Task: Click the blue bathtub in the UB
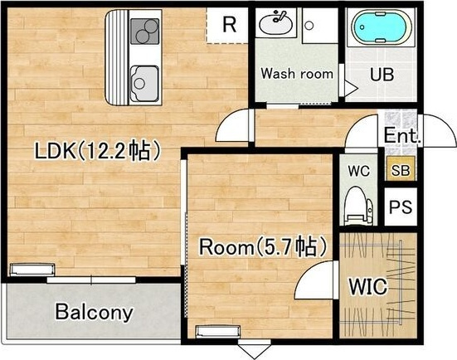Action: click(x=382, y=27)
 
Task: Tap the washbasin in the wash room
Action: click(x=275, y=23)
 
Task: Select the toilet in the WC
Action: click(x=358, y=206)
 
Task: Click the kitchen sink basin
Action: click(x=144, y=83)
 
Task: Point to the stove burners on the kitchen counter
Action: click(x=145, y=32)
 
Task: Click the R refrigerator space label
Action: click(x=230, y=25)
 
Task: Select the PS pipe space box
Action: click(x=401, y=207)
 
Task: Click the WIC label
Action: click(x=367, y=286)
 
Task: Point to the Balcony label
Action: click(x=94, y=312)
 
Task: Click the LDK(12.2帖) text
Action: click(x=98, y=150)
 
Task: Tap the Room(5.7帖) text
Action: click(x=262, y=246)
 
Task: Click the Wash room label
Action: click(x=297, y=74)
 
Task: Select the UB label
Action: click(x=382, y=74)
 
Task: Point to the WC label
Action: click(x=359, y=171)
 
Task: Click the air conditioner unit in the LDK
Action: click(x=32, y=270)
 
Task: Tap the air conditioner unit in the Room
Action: click(x=218, y=332)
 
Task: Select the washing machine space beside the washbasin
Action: click(x=320, y=26)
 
